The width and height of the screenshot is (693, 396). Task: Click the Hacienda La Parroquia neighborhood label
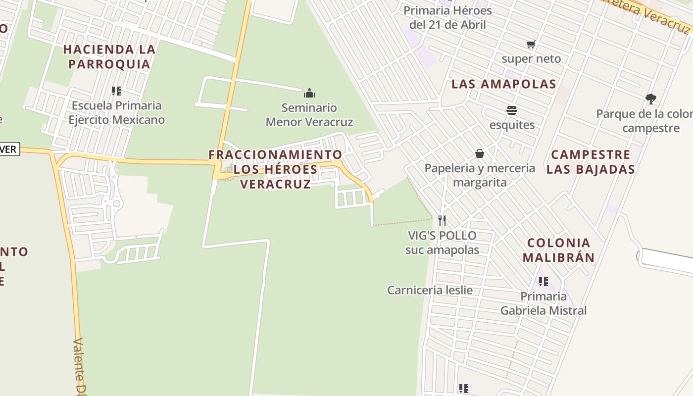coord(109,56)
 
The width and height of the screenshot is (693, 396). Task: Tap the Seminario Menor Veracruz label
coord(309,115)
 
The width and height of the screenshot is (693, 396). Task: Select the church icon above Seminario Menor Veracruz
coord(309,93)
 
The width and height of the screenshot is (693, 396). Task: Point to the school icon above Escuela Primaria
coord(116,91)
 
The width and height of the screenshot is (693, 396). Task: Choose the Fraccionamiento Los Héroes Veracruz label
coord(275,169)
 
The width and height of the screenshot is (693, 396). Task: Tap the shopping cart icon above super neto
coord(531,45)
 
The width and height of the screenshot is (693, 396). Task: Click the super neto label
coord(531,59)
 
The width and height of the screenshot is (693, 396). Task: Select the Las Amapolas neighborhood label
coord(504,84)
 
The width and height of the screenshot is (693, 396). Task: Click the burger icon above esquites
coord(512,110)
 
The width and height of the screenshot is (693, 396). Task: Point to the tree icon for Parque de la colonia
coord(650,99)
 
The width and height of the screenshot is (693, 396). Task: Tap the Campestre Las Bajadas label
coord(591,162)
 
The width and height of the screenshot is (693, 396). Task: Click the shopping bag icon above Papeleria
coord(479,153)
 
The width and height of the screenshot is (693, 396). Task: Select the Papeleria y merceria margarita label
coord(480,175)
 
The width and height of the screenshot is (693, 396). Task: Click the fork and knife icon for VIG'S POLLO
coord(442,221)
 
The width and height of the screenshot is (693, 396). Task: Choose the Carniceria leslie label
coord(430,290)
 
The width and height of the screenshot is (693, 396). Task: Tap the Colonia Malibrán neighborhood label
coord(558,250)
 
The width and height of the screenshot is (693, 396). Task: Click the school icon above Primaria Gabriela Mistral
coord(544,282)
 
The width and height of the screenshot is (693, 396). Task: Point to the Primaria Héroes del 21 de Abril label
coord(447,17)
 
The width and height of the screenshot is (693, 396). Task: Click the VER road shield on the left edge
coord(9,149)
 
